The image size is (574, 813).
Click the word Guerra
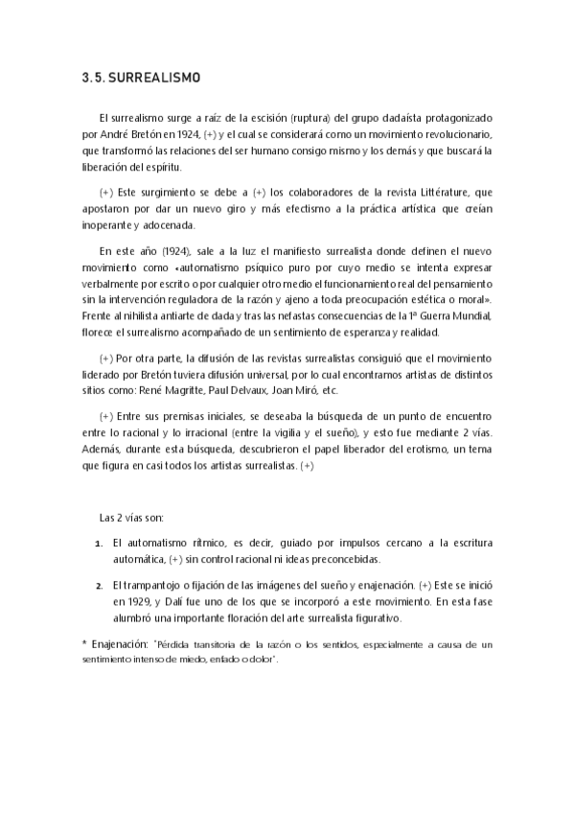point(433,316)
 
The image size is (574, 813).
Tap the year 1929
point(133,602)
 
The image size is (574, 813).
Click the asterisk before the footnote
point(84,643)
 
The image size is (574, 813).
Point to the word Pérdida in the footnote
point(174,644)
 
